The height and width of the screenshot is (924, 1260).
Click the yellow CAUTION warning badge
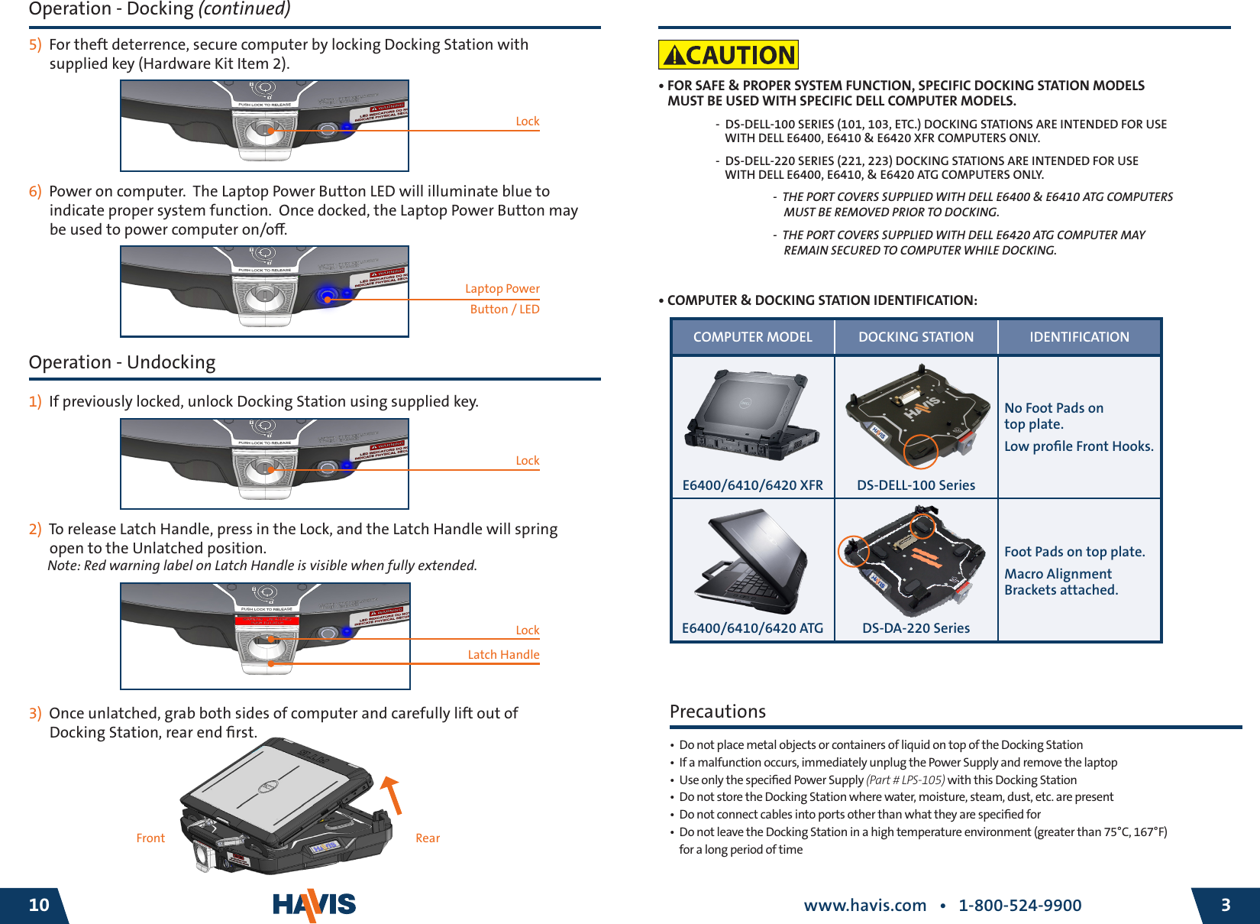click(x=728, y=55)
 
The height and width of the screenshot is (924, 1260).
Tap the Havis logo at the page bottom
click(x=314, y=906)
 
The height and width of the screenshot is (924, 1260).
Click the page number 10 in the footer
click(x=38, y=906)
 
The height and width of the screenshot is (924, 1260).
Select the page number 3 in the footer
click(x=1226, y=906)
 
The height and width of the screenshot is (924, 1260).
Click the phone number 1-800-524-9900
click(x=1019, y=906)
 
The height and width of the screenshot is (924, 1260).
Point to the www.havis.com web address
click(x=864, y=906)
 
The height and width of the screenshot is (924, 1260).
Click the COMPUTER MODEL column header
click(x=752, y=337)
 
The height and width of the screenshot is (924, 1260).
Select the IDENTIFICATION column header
click(x=1078, y=337)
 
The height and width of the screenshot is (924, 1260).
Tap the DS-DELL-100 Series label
click(x=916, y=485)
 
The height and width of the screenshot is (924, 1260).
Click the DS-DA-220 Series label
click(x=916, y=628)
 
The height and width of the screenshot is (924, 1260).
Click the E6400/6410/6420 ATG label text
click(x=752, y=628)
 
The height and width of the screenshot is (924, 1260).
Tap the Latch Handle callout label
click(x=503, y=655)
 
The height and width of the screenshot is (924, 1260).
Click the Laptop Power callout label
click(x=502, y=289)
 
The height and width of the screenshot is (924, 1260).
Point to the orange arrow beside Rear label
click(x=393, y=795)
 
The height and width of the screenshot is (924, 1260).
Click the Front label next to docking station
click(x=150, y=838)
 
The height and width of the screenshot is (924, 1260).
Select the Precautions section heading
click(x=717, y=712)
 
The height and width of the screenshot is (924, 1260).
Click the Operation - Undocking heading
click(x=122, y=362)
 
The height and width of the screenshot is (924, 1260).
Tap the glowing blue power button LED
click(x=328, y=296)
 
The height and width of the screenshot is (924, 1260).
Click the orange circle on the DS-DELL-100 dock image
click(x=920, y=451)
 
